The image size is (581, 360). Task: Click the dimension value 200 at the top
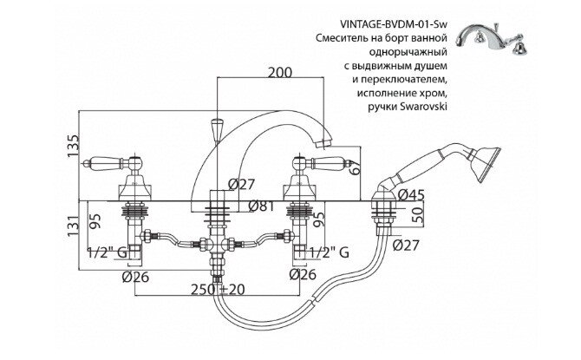tap(277, 72)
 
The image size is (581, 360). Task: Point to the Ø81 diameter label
tap(262, 206)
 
